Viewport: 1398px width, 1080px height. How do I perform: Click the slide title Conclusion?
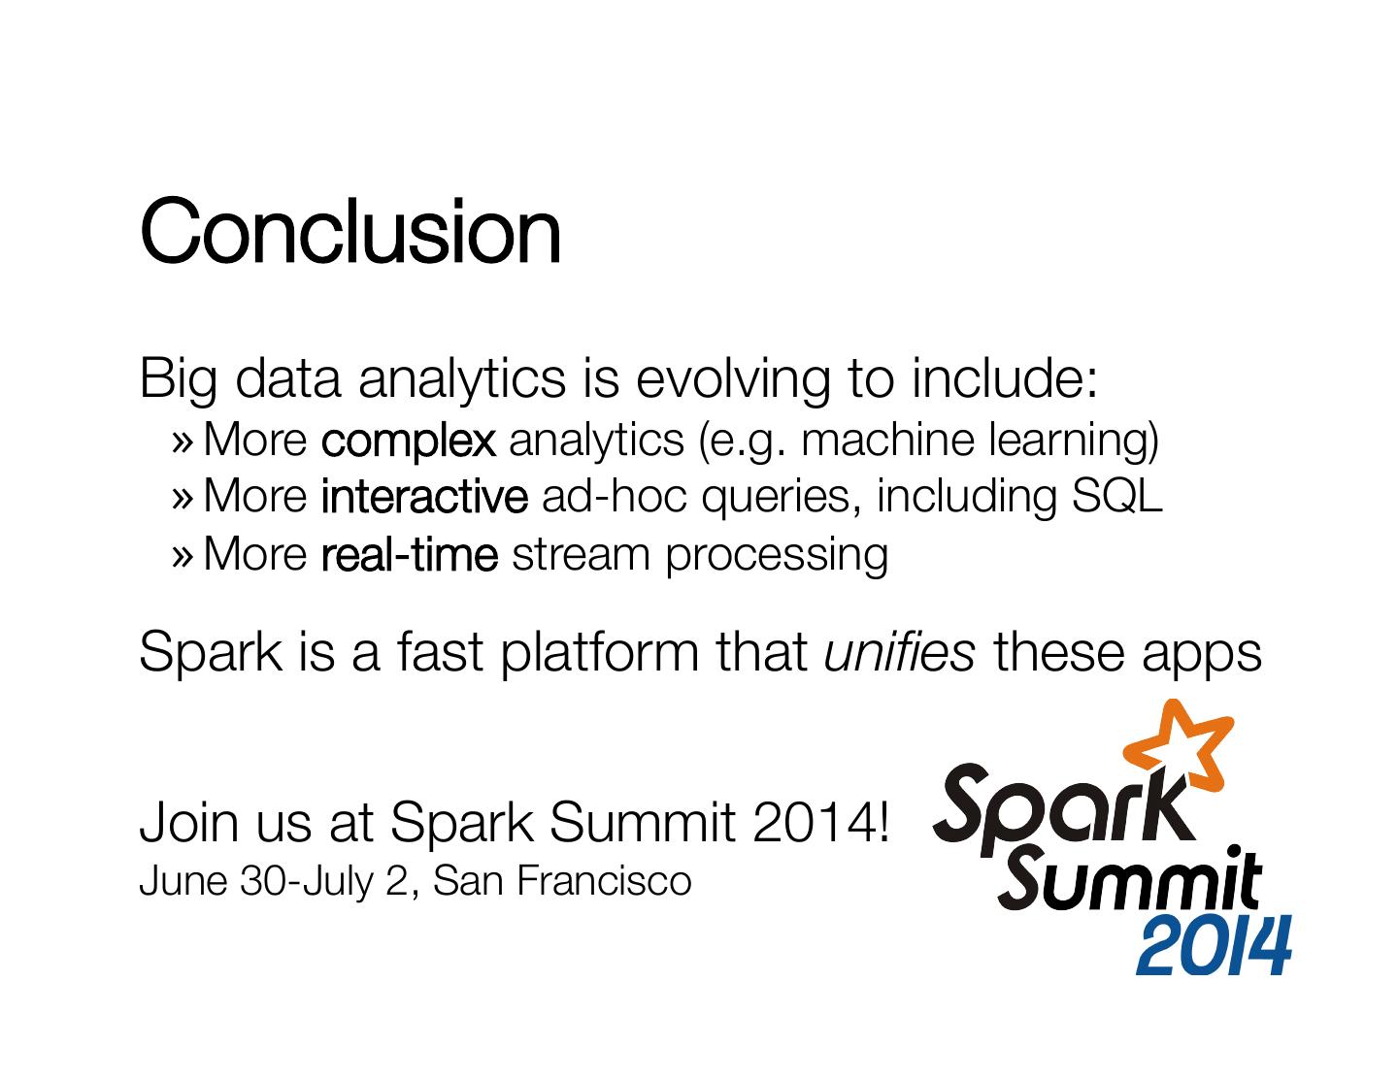coord(349,230)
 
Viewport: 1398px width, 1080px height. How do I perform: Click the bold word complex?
coord(409,442)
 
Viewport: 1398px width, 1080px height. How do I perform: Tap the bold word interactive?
coord(424,496)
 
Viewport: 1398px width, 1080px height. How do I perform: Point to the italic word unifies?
coord(899,652)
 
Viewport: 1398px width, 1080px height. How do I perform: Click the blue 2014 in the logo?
coord(1214,946)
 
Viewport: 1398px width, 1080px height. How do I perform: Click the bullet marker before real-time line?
coord(183,555)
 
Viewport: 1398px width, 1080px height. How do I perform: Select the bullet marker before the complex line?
coord(183,442)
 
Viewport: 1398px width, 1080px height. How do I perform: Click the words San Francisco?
coord(562,880)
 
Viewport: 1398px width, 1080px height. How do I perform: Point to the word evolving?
coord(733,379)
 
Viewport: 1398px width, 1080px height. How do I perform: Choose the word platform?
coord(599,653)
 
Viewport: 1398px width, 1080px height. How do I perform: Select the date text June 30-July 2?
coord(274,881)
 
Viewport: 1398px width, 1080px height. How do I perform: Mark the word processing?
coord(777,556)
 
